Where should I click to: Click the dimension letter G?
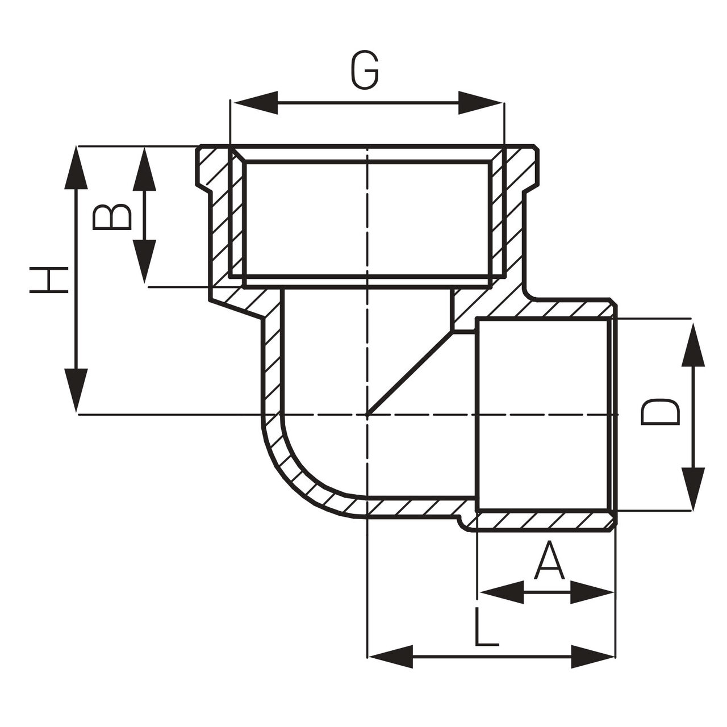point(365,71)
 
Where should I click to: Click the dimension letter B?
point(112,216)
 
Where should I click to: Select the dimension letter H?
point(49,279)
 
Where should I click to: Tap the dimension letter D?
point(660,412)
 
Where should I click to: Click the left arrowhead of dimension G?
point(254,103)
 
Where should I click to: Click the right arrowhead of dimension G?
point(481,103)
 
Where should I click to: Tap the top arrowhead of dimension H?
point(77,168)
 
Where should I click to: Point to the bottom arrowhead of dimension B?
point(144,261)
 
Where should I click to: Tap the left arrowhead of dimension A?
point(501,592)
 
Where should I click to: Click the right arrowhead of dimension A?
point(592,592)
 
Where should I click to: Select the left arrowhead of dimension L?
point(391,657)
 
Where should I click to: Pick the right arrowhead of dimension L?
point(593,657)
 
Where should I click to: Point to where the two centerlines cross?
point(368,415)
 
